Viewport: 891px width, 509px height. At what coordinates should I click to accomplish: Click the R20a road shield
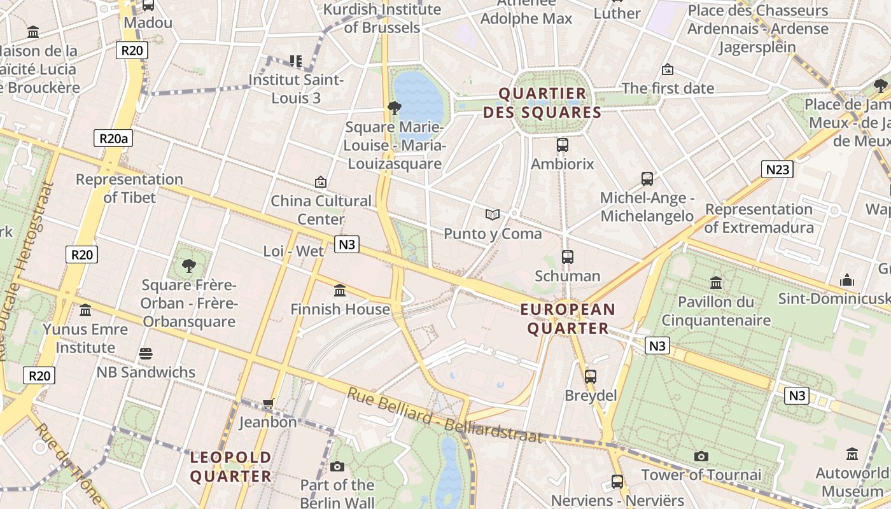point(113,138)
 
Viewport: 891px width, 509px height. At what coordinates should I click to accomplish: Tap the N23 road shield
point(777,169)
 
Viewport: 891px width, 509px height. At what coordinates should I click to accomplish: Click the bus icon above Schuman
point(568,257)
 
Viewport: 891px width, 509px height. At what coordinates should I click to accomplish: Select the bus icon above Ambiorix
point(563,145)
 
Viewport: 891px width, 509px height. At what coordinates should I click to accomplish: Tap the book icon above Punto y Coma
point(493,214)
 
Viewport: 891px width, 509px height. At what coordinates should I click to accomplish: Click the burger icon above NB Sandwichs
point(146,354)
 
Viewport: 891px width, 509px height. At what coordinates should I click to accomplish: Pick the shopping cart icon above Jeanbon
point(268,404)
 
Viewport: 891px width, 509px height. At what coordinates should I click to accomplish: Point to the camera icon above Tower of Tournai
point(701,456)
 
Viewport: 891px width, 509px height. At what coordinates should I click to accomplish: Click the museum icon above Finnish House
point(340,290)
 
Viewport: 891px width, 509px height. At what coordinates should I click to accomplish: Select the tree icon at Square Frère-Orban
point(188,265)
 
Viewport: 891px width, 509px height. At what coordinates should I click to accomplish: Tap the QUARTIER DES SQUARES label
point(542,103)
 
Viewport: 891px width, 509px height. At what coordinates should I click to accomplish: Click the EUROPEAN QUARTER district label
point(568,319)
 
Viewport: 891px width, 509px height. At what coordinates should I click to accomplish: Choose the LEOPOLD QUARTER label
point(231,466)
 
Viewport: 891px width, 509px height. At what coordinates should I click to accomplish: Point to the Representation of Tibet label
point(129,188)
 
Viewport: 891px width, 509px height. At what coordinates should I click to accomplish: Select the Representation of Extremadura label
point(759,218)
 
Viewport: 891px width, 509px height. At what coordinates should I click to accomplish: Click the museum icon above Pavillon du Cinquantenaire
point(716,282)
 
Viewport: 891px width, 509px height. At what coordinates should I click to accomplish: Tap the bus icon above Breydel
point(591,376)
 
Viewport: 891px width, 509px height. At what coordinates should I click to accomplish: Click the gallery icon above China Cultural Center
point(321,183)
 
